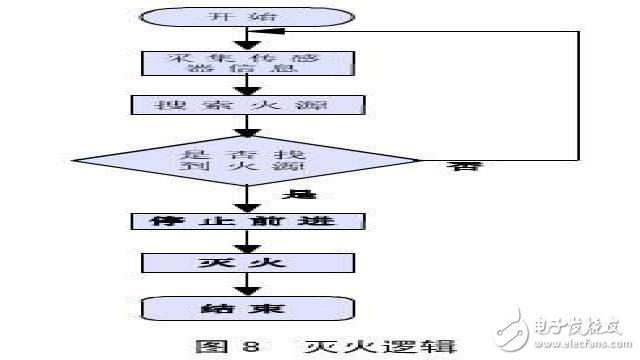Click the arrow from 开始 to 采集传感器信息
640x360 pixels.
pyautogui.click(x=245, y=38)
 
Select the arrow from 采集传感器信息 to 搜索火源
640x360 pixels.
pyautogui.click(x=245, y=87)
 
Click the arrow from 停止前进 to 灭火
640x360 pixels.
pyautogui.click(x=245, y=242)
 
